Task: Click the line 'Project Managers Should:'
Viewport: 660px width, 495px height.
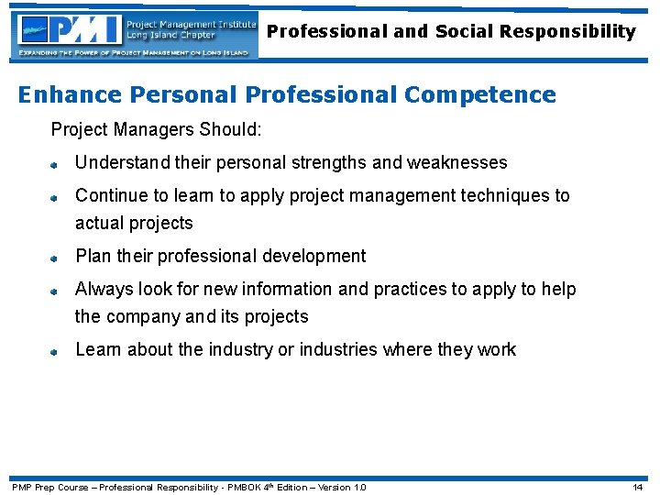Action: coord(156,130)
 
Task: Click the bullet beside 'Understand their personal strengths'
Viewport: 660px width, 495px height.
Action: coord(55,164)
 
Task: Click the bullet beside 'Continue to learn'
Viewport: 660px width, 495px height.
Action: coord(55,197)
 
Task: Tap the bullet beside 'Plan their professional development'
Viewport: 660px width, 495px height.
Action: coord(55,258)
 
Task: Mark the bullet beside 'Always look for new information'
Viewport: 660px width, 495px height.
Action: coord(55,291)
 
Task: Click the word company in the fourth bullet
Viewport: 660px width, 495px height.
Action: coord(146,317)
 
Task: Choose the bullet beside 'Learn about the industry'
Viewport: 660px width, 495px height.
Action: coord(55,351)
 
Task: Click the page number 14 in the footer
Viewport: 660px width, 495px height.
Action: coord(638,487)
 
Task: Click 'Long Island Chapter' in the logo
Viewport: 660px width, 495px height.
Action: coord(170,36)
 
